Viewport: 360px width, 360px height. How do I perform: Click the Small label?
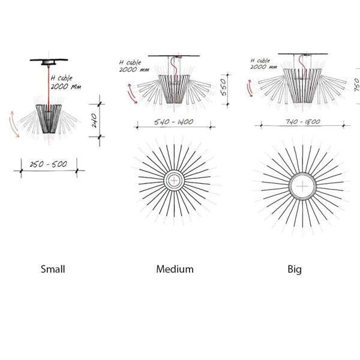53,269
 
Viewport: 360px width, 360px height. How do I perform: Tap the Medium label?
175,269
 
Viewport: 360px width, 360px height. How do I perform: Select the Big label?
295,269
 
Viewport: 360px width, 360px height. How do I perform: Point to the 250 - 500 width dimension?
49,164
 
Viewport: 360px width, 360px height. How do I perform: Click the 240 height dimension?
94,121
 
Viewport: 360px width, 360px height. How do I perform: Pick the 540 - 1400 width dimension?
173,122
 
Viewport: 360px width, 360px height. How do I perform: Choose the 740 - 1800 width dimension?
303,121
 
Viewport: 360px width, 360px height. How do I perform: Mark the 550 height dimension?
223,87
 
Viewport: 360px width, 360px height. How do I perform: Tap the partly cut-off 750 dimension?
357,85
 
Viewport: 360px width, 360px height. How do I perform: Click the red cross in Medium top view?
174,181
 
